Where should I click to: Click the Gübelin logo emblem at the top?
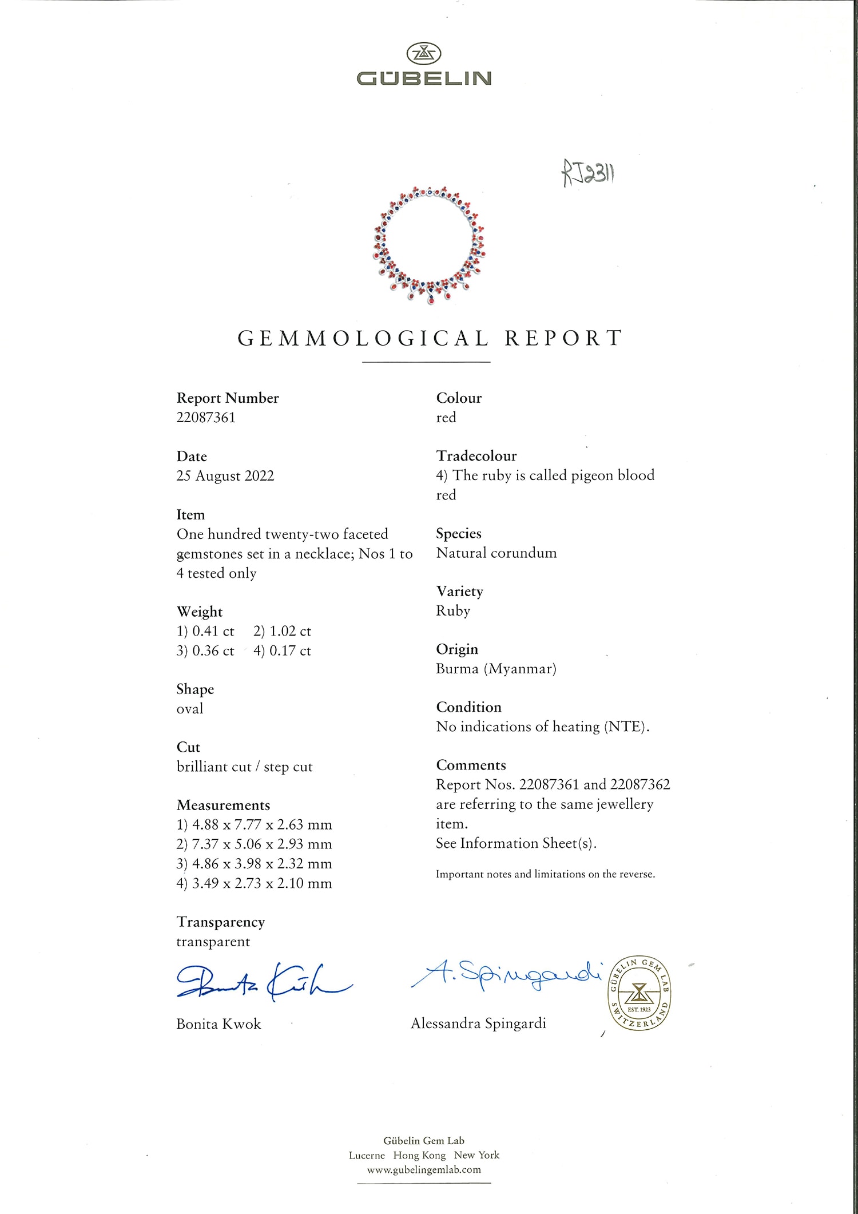[424, 54]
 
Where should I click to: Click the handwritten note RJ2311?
[588, 173]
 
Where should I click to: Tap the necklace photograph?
[429, 245]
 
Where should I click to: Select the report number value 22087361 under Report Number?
[206, 418]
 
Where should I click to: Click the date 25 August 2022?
[225, 476]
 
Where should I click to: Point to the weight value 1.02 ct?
[283, 631]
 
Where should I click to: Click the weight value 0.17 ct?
[283, 651]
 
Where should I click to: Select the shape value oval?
[190, 709]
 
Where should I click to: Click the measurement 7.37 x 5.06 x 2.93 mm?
[254, 844]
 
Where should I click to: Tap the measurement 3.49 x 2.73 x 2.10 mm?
[254, 883]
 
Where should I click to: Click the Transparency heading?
[221, 922]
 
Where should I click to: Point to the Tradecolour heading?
[476, 456]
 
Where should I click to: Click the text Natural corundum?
[496, 553]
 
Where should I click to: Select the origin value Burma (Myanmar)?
[496, 669]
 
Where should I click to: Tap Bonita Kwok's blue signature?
[263, 983]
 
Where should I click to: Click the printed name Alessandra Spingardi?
[478, 1023]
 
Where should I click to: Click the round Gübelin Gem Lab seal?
[639, 993]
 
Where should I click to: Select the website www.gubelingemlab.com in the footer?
[424, 1170]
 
